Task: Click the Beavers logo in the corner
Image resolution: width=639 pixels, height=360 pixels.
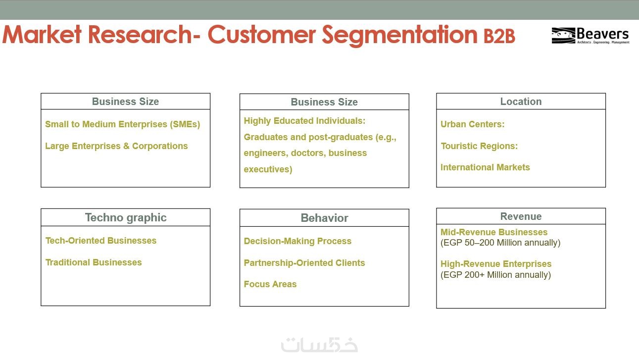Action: click(590, 35)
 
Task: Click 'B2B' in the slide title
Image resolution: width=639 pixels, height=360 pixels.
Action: click(499, 36)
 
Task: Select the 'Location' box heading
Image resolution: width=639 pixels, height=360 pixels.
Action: click(521, 102)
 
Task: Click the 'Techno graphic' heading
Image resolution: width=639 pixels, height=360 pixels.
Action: click(126, 217)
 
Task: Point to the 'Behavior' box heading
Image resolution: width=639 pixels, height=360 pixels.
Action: click(324, 218)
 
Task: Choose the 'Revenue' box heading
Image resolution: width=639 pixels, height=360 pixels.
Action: click(521, 216)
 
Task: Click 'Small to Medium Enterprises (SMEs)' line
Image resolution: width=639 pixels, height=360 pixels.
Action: click(123, 124)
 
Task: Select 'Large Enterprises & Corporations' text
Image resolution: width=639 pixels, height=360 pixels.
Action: click(116, 146)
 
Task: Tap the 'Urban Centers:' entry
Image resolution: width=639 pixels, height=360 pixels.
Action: click(472, 124)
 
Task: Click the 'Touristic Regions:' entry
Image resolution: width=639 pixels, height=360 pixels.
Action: click(479, 146)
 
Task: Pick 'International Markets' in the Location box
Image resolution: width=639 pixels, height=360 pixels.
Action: click(485, 167)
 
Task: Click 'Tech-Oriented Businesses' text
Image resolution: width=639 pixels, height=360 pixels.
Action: click(101, 240)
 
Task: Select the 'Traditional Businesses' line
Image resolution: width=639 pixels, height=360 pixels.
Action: click(94, 262)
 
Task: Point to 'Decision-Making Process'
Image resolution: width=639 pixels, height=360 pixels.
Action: click(297, 241)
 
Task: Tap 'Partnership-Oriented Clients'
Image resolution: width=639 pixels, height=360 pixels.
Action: click(304, 262)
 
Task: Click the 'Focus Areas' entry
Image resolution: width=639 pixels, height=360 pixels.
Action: click(270, 284)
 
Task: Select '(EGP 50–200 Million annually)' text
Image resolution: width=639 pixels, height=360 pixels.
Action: click(500, 243)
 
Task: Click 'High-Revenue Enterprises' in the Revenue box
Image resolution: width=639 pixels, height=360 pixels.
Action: click(496, 264)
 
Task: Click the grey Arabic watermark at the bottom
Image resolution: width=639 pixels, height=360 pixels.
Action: click(320, 345)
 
